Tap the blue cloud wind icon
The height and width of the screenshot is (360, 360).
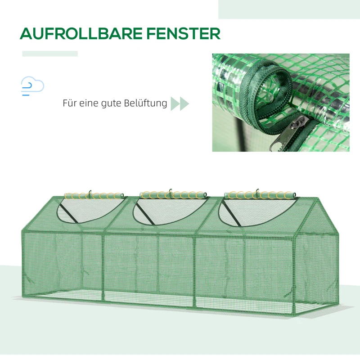click(x=32, y=86)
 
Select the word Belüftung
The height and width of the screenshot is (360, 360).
click(x=145, y=103)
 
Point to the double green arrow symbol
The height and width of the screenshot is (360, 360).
click(x=180, y=103)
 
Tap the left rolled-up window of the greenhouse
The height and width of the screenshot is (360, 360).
click(x=94, y=196)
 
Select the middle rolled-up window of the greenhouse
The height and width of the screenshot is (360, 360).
click(x=173, y=195)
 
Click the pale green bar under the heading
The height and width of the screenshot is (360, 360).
click(x=50, y=54)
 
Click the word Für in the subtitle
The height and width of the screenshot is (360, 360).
click(x=69, y=103)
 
